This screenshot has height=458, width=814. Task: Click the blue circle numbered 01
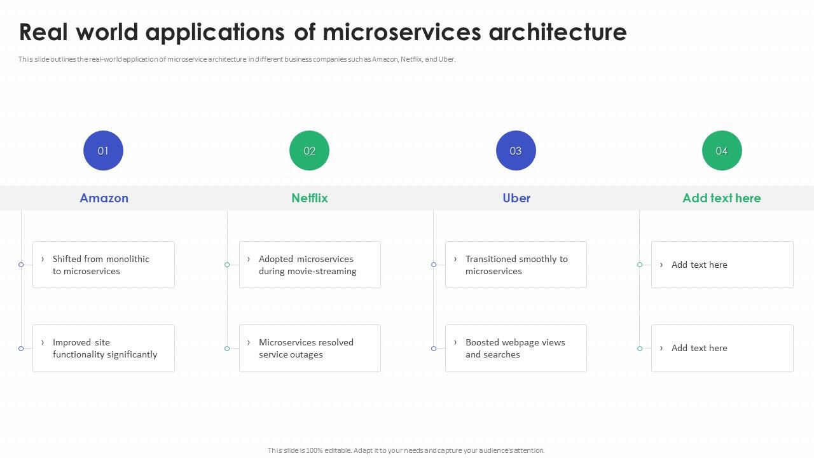pyautogui.click(x=103, y=151)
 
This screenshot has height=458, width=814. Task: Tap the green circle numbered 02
pyautogui.click(x=309, y=151)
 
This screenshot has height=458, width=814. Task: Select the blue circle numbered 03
pyautogui.click(x=516, y=151)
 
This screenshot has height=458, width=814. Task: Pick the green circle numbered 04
pyautogui.click(x=722, y=151)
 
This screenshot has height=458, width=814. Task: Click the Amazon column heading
pyautogui.click(x=104, y=198)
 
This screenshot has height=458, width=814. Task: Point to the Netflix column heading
pyautogui.click(x=310, y=198)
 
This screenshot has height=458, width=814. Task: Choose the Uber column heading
pyautogui.click(x=516, y=198)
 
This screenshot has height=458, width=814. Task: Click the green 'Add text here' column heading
pyautogui.click(x=721, y=198)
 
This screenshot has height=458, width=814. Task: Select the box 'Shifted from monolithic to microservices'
pyautogui.click(x=104, y=265)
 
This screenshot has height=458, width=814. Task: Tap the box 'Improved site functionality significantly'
pyautogui.click(x=104, y=348)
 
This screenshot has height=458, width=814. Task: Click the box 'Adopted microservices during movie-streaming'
pyautogui.click(x=310, y=265)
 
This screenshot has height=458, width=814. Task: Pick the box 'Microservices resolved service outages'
pyautogui.click(x=310, y=348)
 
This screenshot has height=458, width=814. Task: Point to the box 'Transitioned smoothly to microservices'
pyautogui.click(x=516, y=265)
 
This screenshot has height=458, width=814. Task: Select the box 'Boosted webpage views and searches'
pyautogui.click(x=516, y=348)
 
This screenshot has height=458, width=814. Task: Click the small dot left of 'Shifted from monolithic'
pyautogui.click(x=21, y=265)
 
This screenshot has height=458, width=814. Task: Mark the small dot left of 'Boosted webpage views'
pyautogui.click(x=434, y=349)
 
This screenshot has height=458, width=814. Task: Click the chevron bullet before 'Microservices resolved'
pyautogui.click(x=249, y=342)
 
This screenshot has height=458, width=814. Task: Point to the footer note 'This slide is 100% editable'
pyautogui.click(x=406, y=450)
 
